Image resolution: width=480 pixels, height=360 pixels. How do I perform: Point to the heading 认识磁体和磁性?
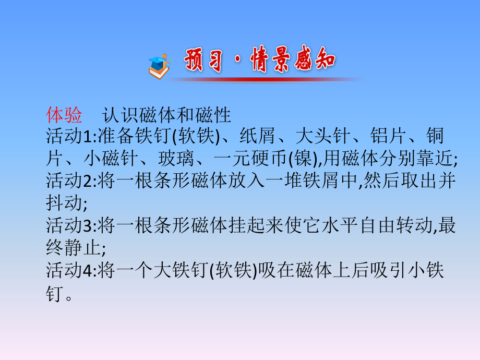point(166,113)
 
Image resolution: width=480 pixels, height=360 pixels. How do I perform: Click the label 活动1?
point(68,136)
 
